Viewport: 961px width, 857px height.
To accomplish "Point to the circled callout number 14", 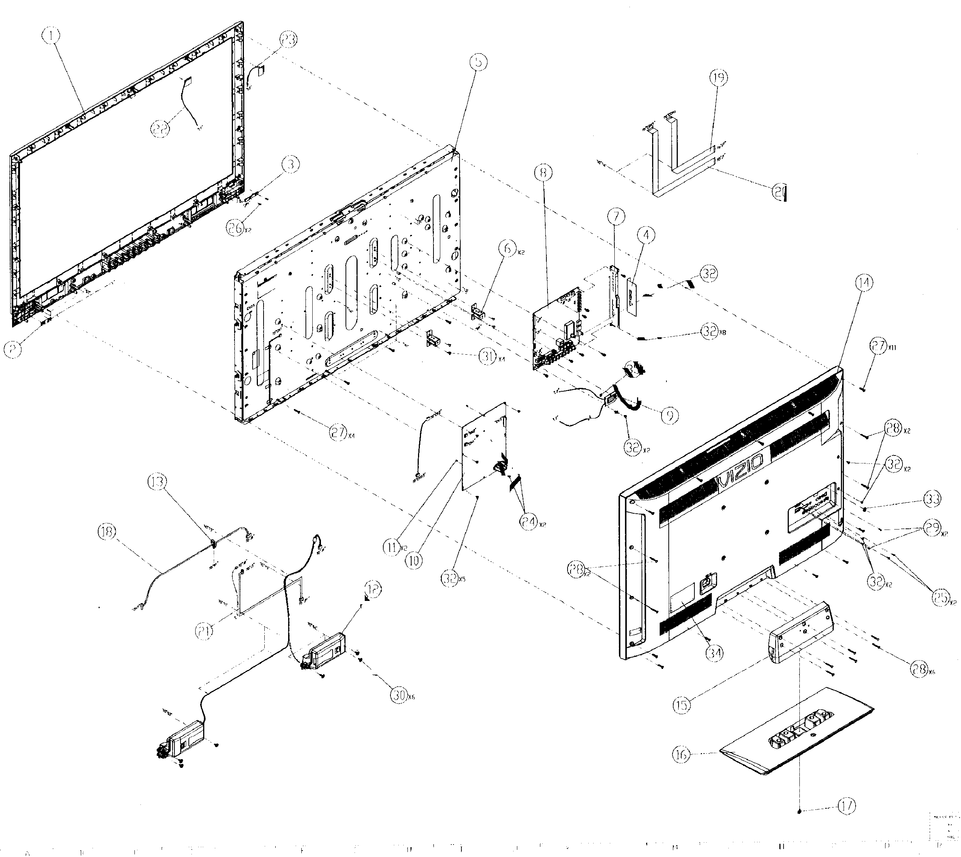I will pyautogui.click(x=864, y=283).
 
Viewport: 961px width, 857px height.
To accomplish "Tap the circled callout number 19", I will pyautogui.click(x=719, y=77).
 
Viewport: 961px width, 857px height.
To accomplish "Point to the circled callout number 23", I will pyautogui.click(x=288, y=40).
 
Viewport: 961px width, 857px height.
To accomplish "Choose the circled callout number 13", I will pyautogui.click(x=156, y=481).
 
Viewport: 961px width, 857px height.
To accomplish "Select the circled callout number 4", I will pyautogui.click(x=646, y=235).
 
